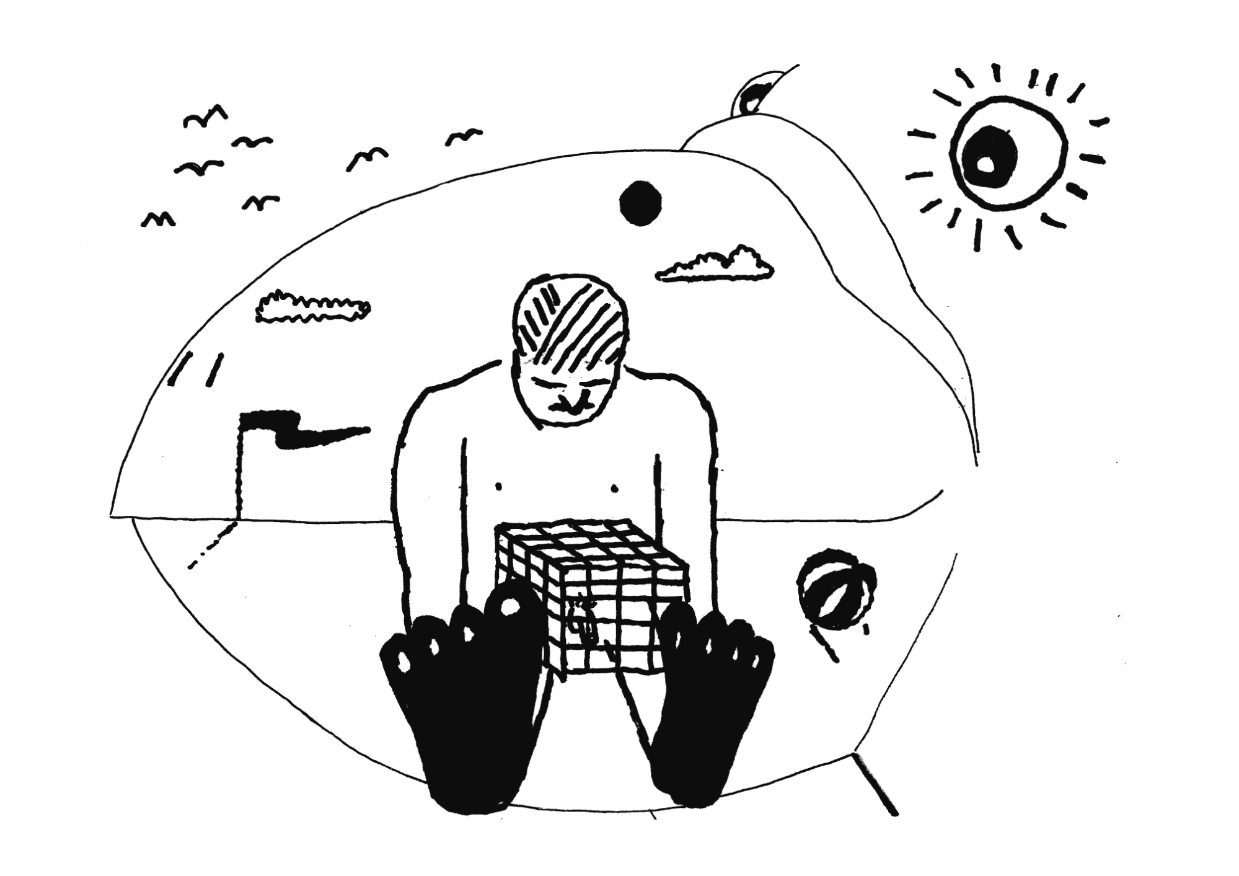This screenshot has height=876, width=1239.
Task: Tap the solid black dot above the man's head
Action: [639, 202]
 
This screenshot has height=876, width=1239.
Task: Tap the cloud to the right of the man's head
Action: [716, 266]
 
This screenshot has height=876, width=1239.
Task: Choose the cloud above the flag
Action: [312, 307]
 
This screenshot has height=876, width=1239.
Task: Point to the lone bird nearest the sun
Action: [463, 137]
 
